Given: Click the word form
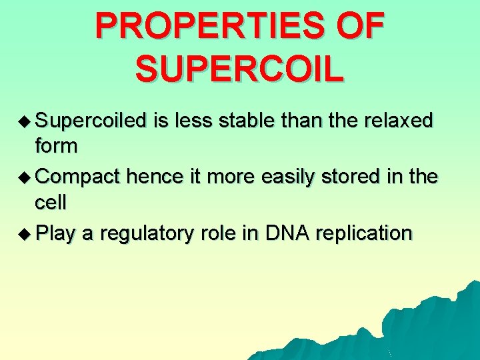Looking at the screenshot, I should [56, 145].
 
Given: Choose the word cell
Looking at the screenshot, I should [52, 201].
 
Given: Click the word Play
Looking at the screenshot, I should [55, 234].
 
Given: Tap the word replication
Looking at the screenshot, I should [363, 234].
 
